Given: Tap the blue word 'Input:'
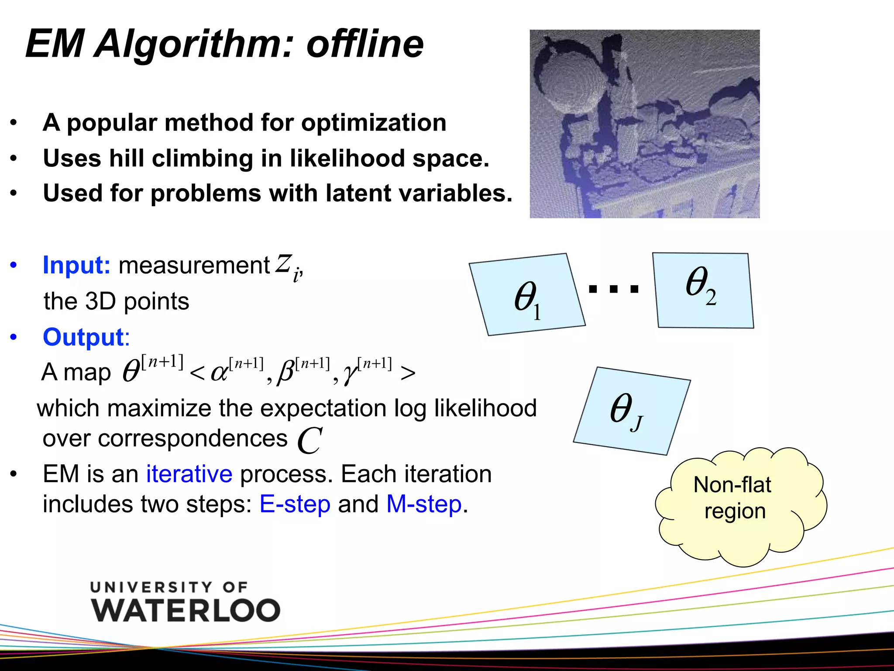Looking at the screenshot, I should point(76,265).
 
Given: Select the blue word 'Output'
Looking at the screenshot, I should point(83,337).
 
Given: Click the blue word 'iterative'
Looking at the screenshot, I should point(189,474).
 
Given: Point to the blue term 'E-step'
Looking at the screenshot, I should point(295,504).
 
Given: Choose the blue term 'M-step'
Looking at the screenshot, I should point(424,504).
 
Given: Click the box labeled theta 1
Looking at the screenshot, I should point(527,295).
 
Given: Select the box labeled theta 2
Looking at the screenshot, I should point(703,290).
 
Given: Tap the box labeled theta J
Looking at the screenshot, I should point(631,411).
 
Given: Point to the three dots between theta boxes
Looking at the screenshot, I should point(613,289).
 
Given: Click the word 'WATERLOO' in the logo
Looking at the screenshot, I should point(186,610).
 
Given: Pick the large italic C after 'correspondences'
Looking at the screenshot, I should point(309,440).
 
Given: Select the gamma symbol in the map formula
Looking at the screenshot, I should point(349,374).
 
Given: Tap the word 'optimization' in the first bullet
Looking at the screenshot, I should point(374,123).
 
